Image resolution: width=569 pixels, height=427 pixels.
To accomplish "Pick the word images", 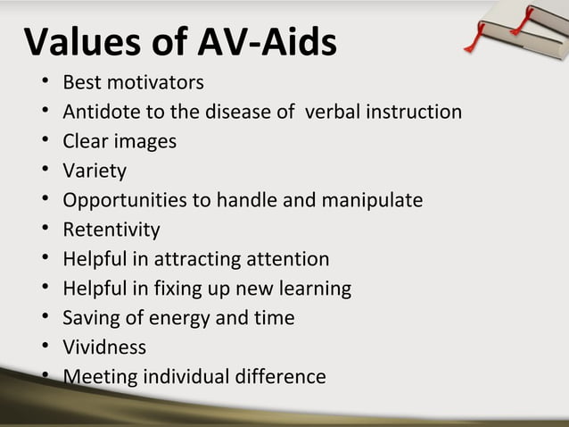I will tap(146, 142).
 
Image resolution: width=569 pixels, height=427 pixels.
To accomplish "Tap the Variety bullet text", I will tap(95, 171).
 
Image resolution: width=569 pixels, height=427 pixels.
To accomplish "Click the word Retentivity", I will tap(111, 230).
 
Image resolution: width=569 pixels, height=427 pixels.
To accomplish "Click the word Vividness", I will tap(104, 347).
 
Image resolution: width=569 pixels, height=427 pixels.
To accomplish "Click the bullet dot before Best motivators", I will tap(44, 84).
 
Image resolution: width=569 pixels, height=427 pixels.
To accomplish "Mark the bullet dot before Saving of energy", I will tap(44, 319).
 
